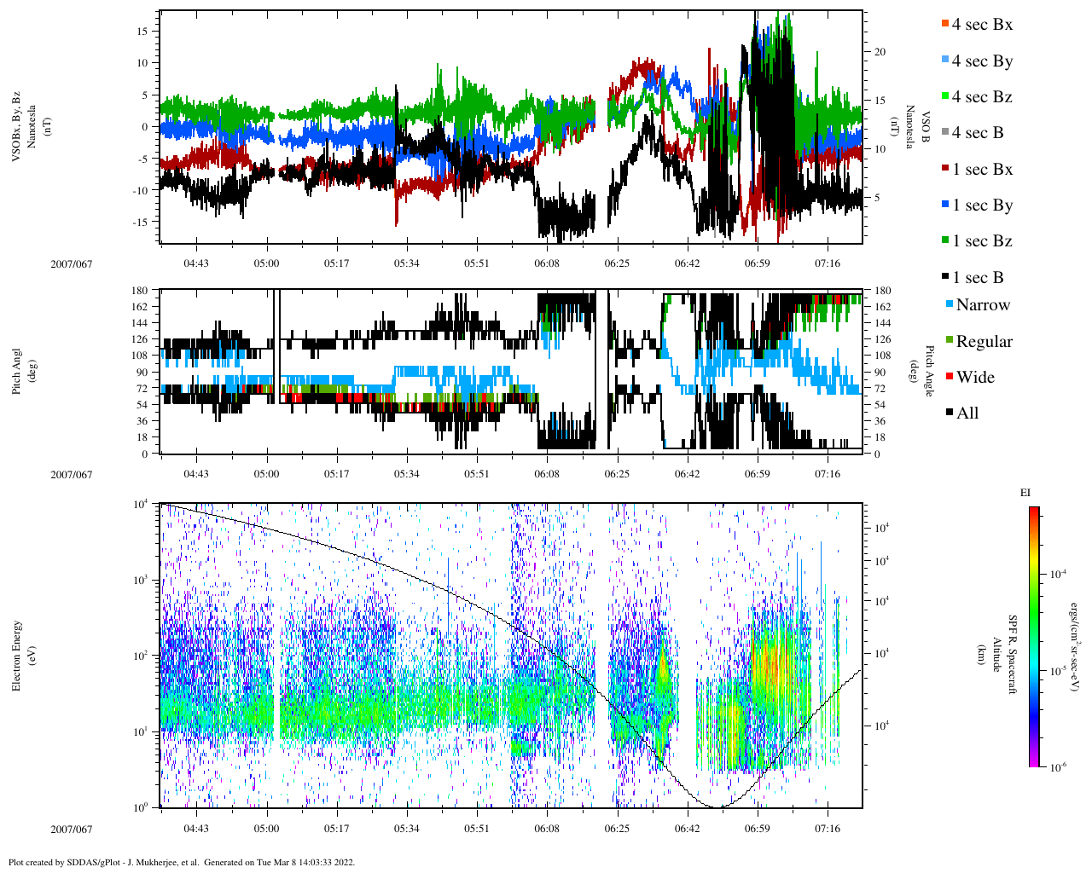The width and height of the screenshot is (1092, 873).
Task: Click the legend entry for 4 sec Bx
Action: tap(982, 25)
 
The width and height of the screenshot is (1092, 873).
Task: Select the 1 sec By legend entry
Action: tap(982, 205)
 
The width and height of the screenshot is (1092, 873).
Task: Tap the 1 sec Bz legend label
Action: tap(982, 241)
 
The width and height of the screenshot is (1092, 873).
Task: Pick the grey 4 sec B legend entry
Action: tap(978, 133)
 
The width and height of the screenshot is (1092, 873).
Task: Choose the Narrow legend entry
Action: tap(982, 305)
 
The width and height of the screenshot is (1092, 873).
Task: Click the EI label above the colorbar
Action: tap(1025, 493)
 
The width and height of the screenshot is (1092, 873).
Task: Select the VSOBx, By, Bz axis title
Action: tap(16, 128)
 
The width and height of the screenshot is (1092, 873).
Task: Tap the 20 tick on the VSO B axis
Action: tap(880, 52)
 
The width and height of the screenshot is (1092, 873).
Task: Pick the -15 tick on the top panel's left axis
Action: tap(140, 222)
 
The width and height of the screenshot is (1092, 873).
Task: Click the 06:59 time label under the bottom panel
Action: tap(757, 829)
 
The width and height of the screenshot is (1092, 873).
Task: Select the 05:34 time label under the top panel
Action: tap(406, 263)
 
